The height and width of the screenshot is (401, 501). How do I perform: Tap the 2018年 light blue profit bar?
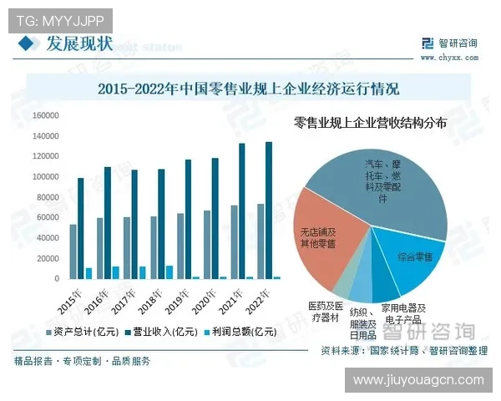click(x=170, y=272)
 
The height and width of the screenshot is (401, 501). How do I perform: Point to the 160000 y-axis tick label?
click(x=45, y=115)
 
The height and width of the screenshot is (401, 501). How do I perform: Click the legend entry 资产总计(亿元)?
click(x=89, y=332)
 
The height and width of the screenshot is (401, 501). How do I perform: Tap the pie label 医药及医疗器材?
click(x=324, y=312)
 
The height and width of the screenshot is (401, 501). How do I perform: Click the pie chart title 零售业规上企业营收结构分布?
click(x=371, y=123)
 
